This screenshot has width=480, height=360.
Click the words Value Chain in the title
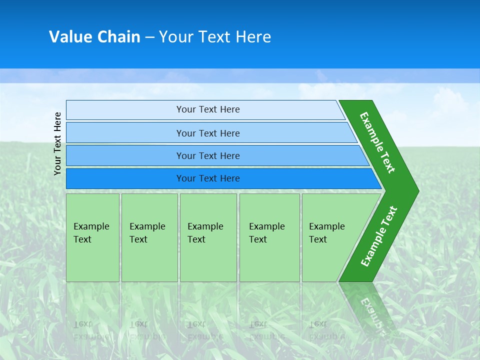pyautogui.click(x=94, y=37)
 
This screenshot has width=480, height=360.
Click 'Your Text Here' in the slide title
pyautogui.click(x=215, y=37)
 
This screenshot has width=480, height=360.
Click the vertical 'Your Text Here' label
pyautogui.click(x=58, y=144)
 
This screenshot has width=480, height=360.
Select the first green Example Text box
pyautogui.click(x=92, y=237)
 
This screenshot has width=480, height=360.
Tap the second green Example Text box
pyautogui.click(x=149, y=237)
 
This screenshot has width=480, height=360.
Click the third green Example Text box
pyautogui.click(x=208, y=237)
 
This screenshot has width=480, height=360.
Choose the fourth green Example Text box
pyautogui.click(x=269, y=237)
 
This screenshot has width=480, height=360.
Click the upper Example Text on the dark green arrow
pyautogui.click(x=377, y=142)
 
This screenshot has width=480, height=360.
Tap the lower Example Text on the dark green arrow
pyautogui.click(x=379, y=236)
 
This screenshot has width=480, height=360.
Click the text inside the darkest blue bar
pyautogui.click(x=208, y=178)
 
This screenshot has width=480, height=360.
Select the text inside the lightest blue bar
pyautogui.click(x=208, y=109)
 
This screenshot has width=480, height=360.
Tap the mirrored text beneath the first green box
pyautogui.click(x=91, y=330)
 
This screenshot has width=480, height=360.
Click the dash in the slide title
pyautogui.click(x=149, y=37)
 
